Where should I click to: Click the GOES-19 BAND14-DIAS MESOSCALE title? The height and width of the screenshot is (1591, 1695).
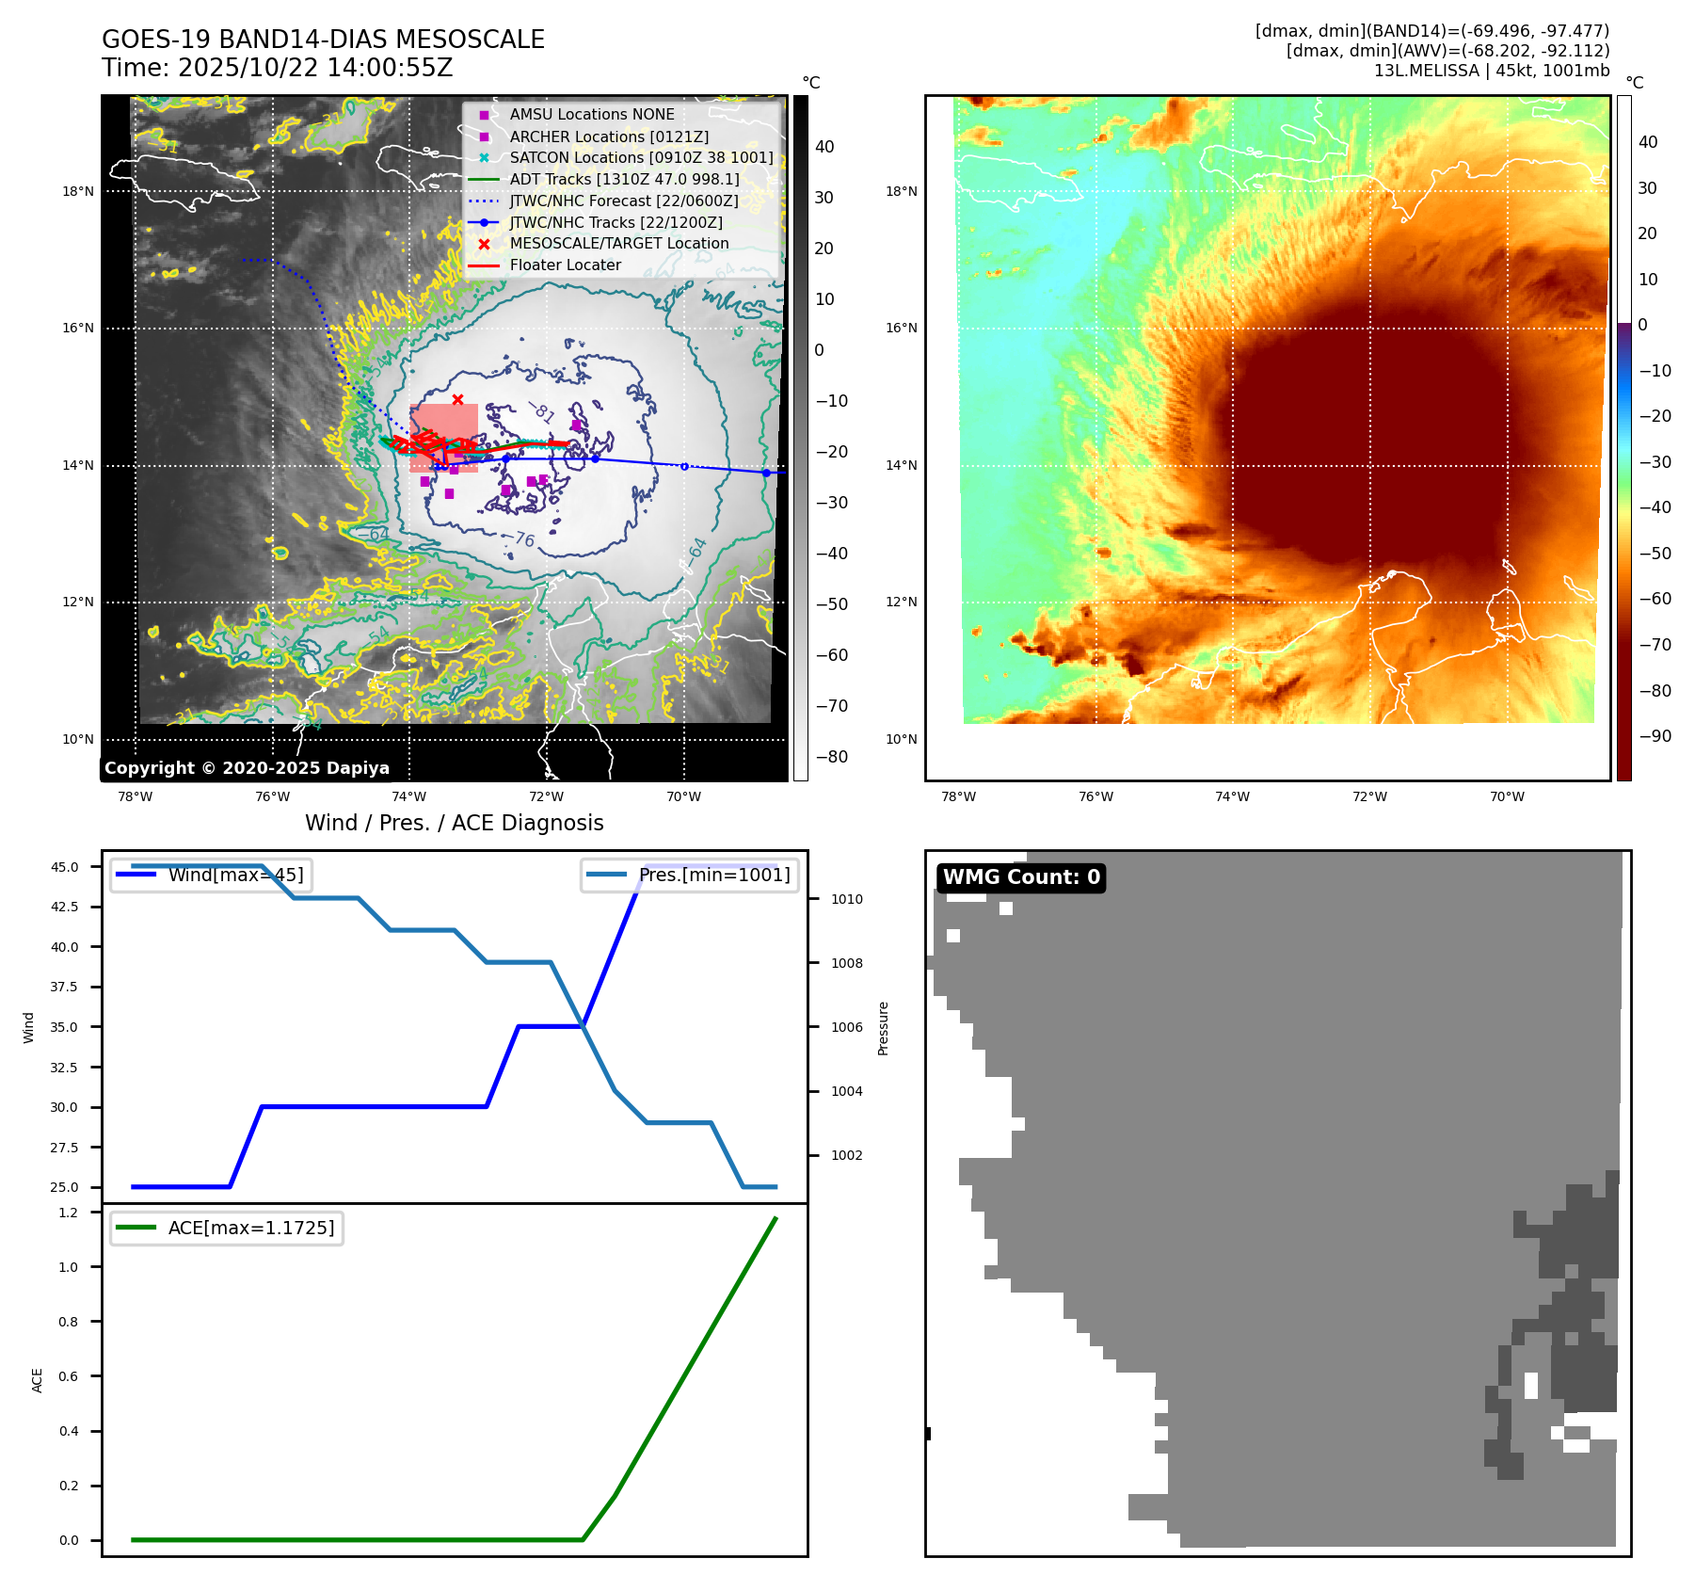pos(323,40)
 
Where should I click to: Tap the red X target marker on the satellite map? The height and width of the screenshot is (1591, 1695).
pos(457,399)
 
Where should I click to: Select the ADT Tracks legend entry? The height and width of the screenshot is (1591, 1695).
pos(624,179)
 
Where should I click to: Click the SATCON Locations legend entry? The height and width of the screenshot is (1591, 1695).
pos(641,157)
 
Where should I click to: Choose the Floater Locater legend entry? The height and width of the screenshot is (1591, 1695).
pos(565,265)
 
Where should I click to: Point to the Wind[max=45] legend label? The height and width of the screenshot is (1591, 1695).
pos(235,875)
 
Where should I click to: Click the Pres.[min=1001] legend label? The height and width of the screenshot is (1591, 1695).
pos(714,875)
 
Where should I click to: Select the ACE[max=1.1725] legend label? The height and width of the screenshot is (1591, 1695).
pos(251,1228)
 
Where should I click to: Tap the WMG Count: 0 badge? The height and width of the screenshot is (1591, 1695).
pos(1021,877)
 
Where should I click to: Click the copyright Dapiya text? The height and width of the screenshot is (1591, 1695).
pos(247,768)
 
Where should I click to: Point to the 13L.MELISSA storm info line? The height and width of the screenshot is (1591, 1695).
pos(1491,71)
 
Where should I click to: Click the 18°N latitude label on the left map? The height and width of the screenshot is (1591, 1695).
pos(78,191)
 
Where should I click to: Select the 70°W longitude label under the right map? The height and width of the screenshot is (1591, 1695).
pos(1507,796)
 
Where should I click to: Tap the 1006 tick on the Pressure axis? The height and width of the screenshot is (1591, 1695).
pos(846,1027)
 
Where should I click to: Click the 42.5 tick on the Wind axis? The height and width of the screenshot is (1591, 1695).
pos(65,907)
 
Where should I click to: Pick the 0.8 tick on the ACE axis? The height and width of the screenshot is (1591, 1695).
pos(69,1322)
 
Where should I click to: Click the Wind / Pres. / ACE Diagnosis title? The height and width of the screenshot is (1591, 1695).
pos(454,823)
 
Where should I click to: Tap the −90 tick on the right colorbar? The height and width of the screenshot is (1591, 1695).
pos(1655,736)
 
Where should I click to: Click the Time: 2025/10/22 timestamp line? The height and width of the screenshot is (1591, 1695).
pos(277,68)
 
